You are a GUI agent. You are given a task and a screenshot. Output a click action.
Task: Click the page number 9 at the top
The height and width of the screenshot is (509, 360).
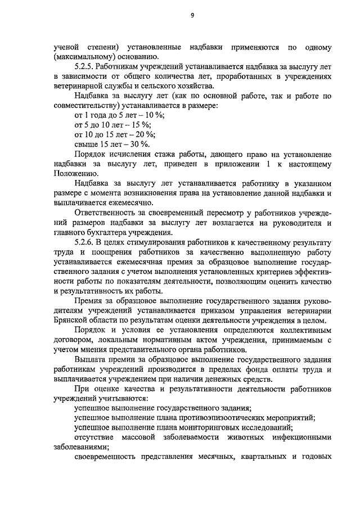coord(192,15)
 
